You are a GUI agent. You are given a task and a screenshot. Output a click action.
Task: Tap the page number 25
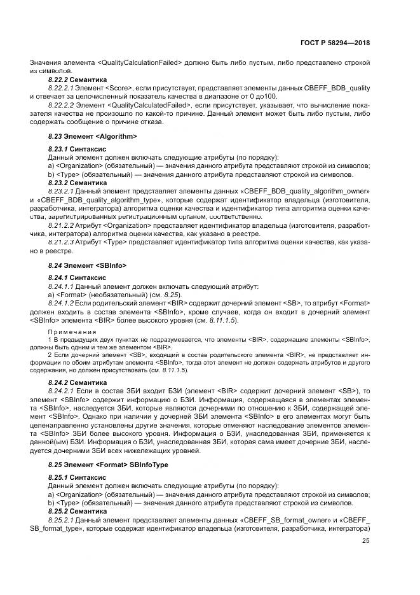(365, 541)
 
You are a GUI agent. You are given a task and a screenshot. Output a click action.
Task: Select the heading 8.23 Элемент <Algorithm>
(93, 136)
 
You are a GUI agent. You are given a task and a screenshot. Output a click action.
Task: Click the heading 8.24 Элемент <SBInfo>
(88, 265)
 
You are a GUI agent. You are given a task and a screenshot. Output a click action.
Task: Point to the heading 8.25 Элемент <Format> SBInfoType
(108, 465)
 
